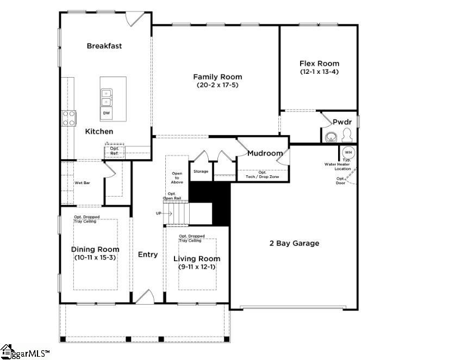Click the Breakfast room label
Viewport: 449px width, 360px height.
pos(104,46)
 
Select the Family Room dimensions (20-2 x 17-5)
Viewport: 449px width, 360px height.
pos(217,85)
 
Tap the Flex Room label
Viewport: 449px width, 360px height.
pos(319,64)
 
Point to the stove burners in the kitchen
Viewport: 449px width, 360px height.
pos(69,118)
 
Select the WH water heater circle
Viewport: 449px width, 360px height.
pos(348,152)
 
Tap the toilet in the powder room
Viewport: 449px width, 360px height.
pos(346,135)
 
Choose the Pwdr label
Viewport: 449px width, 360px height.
pos(342,122)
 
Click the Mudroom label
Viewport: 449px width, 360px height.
pos(265,153)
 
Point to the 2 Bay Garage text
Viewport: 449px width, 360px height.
pos(294,243)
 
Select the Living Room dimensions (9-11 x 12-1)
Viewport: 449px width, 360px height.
pos(196,267)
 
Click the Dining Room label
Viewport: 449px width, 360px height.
pos(95,249)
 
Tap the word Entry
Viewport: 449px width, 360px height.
pos(148,254)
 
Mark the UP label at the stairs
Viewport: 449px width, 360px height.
pos(159,213)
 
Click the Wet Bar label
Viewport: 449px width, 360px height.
pos(82,183)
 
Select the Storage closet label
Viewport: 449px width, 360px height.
pos(201,172)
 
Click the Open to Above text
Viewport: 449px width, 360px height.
pos(177,178)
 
